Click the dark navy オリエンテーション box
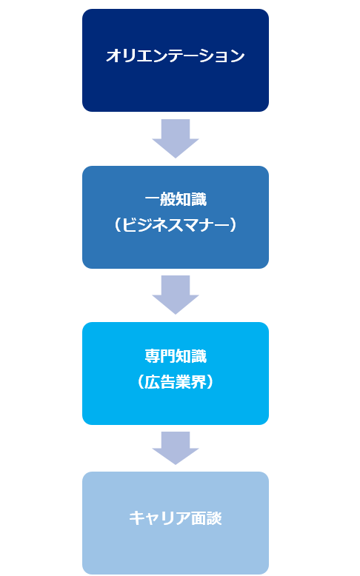point(176,60)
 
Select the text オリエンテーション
point(176,56)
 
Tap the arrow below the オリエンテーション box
point(176,138)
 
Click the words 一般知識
point(176,199)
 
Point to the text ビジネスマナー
point(176,225)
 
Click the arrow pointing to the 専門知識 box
point(176,295)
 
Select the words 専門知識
point(176,356)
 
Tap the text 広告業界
point(176,382)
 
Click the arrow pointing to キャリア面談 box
point(176,448)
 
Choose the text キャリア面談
point(176,518)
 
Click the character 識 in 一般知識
point(199,199)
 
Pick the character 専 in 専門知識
point(153,356)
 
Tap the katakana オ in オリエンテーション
point(113,56)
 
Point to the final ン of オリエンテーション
point(238,56)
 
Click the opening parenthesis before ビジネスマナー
point(117,225)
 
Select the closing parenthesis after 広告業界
point(210,382)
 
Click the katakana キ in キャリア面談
point(136,518)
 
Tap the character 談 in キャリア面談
point(214,518)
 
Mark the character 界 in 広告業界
point(199,382)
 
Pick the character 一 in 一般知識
point(153,199)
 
